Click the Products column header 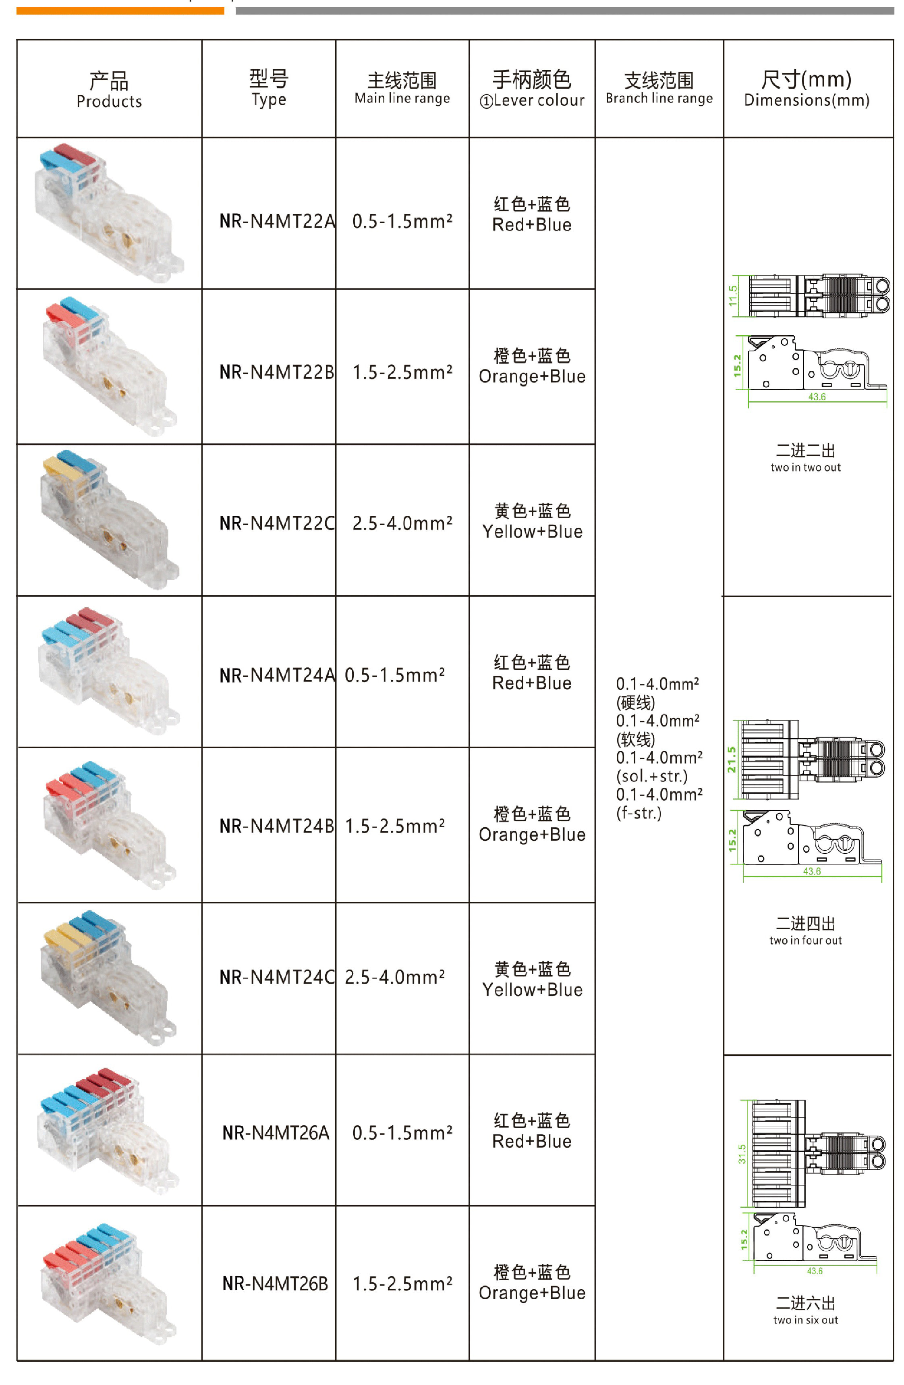coord(109,89)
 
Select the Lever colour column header coord(532,89)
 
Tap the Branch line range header coord(659,89)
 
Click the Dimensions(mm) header coord(806,89)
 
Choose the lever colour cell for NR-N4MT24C coord(532,979)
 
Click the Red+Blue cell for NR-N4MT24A coord(532,673)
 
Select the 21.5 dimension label coord(731,760)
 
